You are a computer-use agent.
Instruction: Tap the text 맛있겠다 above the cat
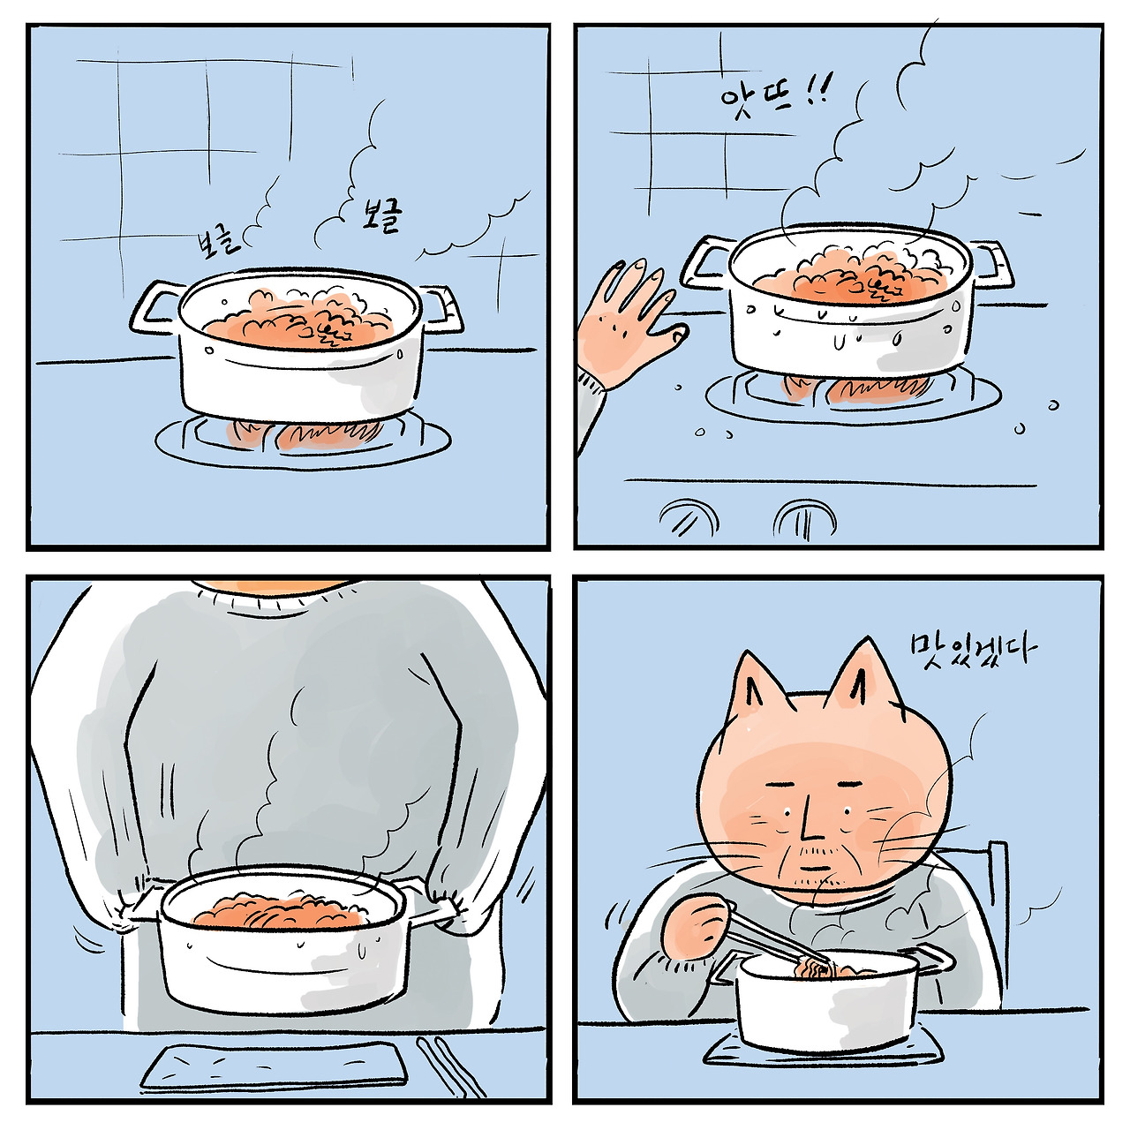972,648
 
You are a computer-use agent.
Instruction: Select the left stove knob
689,519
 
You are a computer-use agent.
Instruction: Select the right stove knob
804,520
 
